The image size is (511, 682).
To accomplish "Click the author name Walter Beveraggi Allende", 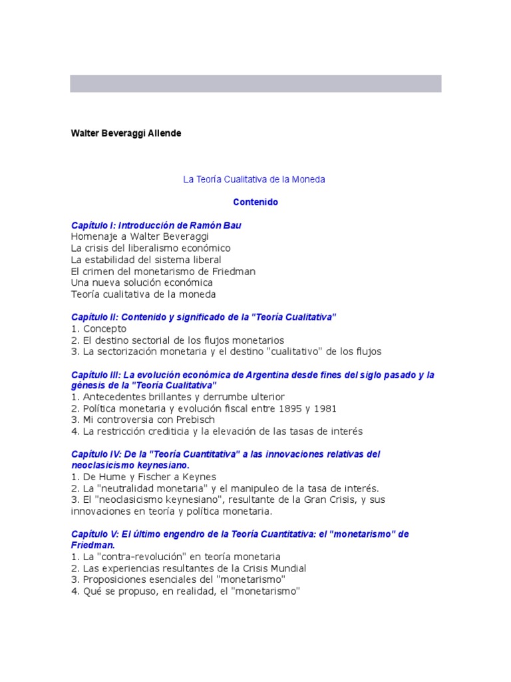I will point(126,133).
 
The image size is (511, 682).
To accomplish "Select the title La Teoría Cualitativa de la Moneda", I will point(254,180).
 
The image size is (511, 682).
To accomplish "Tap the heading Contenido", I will point(255,202).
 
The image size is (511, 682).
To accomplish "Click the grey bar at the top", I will point(255,83).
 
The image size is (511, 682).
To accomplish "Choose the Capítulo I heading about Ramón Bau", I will point(156,225).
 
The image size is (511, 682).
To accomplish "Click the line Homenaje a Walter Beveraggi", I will point(140,236).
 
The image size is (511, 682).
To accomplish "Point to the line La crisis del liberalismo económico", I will point(150,248).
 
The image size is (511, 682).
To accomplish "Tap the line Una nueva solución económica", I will point(142,282).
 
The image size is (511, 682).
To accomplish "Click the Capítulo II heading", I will point(204,317).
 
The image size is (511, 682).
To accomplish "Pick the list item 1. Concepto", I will point(98,329).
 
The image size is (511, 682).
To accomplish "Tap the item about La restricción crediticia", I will point(217,431).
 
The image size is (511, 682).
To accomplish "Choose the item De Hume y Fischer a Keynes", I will point(144,477).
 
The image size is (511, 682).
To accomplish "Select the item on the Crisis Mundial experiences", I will point(188,568).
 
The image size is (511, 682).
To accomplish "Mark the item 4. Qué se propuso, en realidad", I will point(186,591).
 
